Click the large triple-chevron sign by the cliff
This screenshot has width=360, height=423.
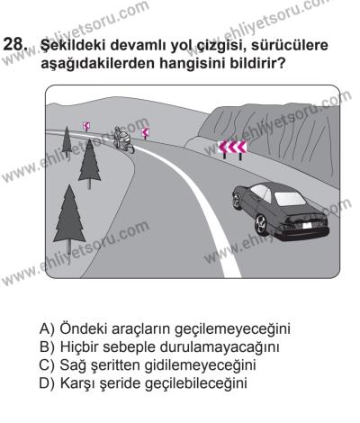[x=233, y=147]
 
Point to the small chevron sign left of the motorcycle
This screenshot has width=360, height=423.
[x=86, y=127]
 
